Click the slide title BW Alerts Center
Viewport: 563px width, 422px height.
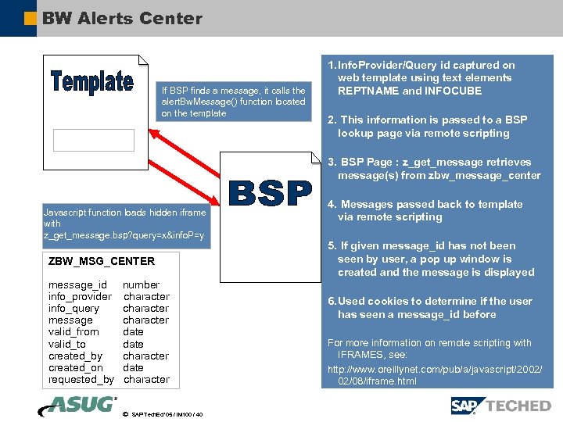122,18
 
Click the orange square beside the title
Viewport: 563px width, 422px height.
30,18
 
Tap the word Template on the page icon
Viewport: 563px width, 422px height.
92,82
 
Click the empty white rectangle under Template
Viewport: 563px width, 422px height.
94,140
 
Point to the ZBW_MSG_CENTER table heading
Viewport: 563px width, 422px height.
102,261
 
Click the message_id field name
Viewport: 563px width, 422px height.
77,285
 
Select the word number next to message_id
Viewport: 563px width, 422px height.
141,285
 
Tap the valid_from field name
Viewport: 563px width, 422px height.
74,332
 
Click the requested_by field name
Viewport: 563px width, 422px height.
81,380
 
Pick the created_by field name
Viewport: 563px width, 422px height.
75,356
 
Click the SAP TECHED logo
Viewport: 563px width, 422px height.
500,406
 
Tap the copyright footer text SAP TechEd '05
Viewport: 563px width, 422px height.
167,414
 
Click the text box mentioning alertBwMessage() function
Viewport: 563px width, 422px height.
233,102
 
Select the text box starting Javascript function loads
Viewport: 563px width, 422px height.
126,224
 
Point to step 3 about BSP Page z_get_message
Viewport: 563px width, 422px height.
434,169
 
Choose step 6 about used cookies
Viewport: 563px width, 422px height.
430,308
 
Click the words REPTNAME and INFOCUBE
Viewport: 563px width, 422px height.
410,91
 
